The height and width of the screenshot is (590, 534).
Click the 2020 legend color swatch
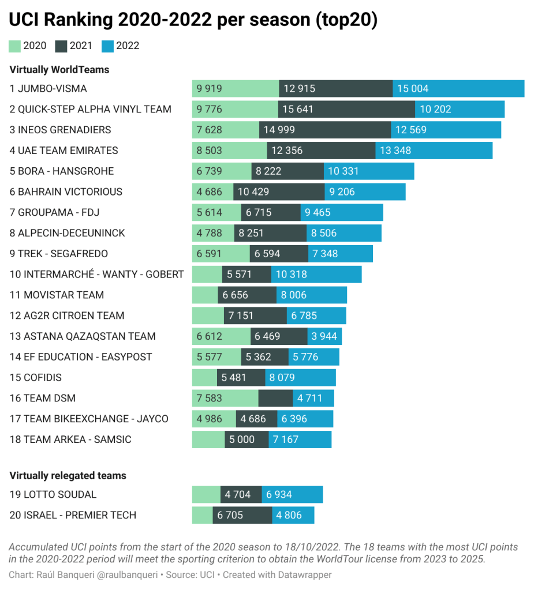point(15,46)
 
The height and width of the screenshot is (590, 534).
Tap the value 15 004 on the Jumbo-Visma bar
point(413,89)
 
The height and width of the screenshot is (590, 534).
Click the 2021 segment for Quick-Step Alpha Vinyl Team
point(346,110)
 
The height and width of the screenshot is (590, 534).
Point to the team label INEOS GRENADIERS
point(60,130)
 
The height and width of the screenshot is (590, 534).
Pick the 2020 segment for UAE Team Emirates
point(229,151)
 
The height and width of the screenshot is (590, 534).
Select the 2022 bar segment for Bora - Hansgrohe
point(369,171)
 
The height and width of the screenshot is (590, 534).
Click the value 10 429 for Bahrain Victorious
point(253,192)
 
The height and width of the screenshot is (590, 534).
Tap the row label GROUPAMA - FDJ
point(54,212)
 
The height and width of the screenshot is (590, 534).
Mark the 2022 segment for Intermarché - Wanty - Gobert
point(316,275)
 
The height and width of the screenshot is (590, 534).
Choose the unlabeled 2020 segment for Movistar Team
point(205,295)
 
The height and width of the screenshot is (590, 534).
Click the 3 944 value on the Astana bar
point(324,336)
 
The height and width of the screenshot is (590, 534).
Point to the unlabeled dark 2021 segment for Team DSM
point(275,398)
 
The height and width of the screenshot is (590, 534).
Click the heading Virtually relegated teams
point(68,476)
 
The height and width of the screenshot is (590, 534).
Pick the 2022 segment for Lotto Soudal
point(292,495)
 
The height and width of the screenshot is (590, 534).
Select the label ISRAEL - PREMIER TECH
point(73,515)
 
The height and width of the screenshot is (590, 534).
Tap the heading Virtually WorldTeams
point(59,70)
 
